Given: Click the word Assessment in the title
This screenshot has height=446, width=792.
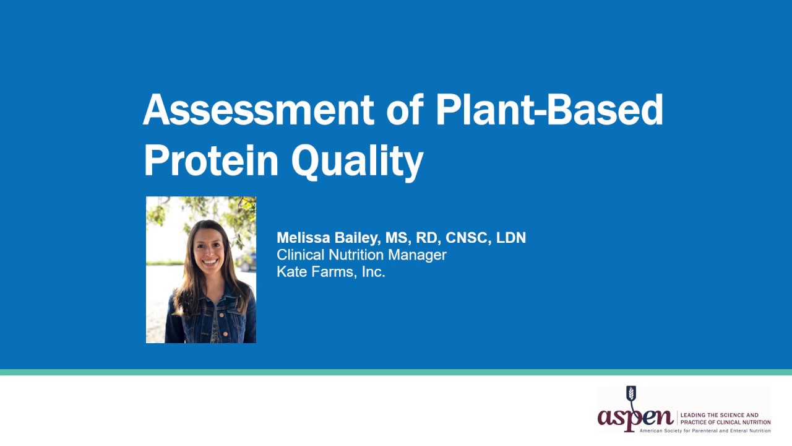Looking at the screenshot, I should click(x=258, y=110).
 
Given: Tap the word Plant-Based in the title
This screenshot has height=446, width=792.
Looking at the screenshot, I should click(x=549, y=110).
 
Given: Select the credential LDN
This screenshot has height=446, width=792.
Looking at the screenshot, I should click(x=511, y=238).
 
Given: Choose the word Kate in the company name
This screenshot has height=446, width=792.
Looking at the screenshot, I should click(x=291, y=272).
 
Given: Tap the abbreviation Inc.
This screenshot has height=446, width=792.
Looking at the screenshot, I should click(x=373, y=272).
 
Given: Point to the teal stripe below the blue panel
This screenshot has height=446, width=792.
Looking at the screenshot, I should click(x=396, y=372).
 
